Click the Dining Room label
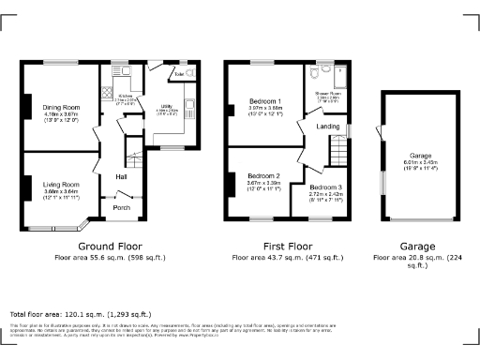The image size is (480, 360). point(61,108)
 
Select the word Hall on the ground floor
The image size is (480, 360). point(121,175)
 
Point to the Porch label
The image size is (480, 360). point(122,208)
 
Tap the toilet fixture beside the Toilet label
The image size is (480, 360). point(189,72)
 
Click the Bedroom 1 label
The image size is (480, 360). point(264,100)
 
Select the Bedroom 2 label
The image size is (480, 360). point(264,175)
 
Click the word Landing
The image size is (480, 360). point(328,126)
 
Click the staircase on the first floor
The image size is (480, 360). point(337,148)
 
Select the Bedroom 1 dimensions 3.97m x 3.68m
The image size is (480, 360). point(264,107)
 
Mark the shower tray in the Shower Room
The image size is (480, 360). point(341,74)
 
